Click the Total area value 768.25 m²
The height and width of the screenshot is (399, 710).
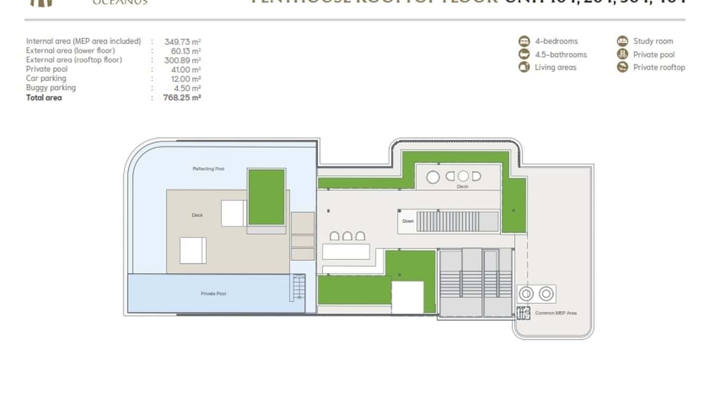pyautogui.click(x=182, y=97)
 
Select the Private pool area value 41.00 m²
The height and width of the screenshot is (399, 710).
pyautogui.click(x=183, y=69)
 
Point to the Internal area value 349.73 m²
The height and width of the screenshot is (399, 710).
pyautogui.click(x=183, y=41)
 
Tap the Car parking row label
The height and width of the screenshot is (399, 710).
pyautogui.click(x=46, y=78)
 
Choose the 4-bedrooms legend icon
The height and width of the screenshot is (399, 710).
pyautogui.click(x=524, y=41)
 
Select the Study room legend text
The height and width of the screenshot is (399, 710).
pyautogui.click(x=653, y=41)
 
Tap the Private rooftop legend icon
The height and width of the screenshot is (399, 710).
pyautogui.click(x=622, y=67)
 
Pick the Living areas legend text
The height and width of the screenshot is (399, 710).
pyautogui.click(x=555, y=67)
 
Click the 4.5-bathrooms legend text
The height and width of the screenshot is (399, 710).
pyautogui.click(x=560, y=55)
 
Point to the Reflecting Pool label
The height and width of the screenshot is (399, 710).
pyautogui.click(x=208, y=169)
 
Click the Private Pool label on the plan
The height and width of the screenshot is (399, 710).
pyautogui.click(x=213, y=294)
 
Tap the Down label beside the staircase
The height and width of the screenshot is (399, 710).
pyautogui.click(x=408, y=221)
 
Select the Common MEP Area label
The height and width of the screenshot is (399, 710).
pyautogui.click(x=556, y=313)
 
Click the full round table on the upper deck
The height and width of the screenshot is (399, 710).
pyautogui.click(x=433, y=177)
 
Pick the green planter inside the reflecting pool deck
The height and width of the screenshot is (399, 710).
pyautogui.click(x=267, y=197)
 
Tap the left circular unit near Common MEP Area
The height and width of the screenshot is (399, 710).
pyautogui.click(x=526, y=294)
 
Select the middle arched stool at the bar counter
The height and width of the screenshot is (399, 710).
pyautogui.click(x=347, y=236)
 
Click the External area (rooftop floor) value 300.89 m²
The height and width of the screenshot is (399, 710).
pyautogui.click(x=183, y=60)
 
